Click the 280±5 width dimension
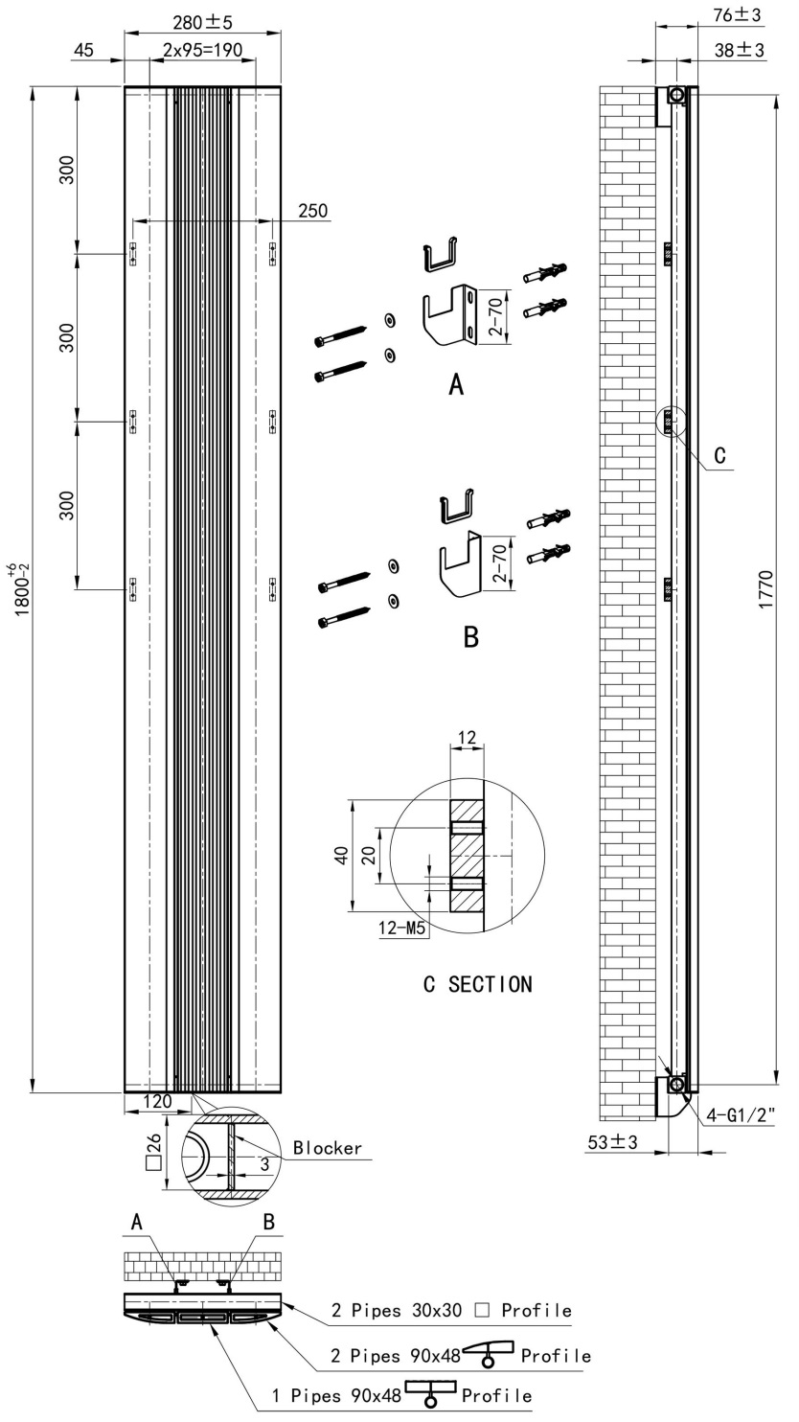click(x=202, y=22)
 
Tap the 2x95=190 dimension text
click(x=202, y=50)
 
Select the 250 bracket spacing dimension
click(x=313, y=211)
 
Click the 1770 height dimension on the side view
click(x=766, y=589)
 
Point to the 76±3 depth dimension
click(x=737, y=14)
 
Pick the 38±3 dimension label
click(x=740, y=50)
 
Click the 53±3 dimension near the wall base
click(x=612, y=1142)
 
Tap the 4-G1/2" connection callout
click(x=741, y=1114)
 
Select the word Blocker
click(x=328, y=1148)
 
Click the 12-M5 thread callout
click(x=401, y=929)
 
